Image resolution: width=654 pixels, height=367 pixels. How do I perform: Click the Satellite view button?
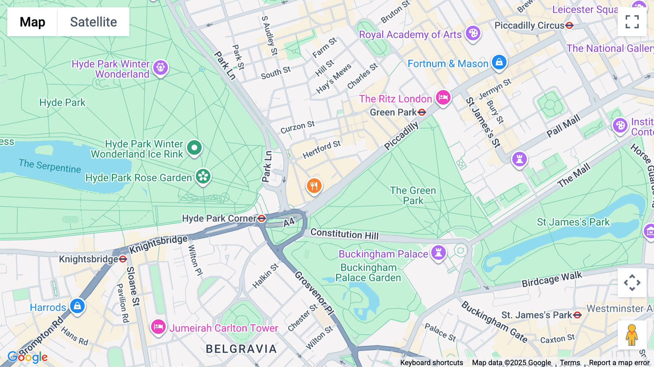point(93,22)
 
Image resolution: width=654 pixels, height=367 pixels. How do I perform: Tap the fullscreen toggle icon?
point(632,22)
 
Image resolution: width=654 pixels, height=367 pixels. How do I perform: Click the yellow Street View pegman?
point(632,335)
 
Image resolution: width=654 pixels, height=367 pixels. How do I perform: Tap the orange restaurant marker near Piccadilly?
point(314,186)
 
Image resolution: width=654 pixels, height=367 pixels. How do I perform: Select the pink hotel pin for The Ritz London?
point(443,97)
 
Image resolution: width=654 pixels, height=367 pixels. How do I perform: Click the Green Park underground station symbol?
point(421,112)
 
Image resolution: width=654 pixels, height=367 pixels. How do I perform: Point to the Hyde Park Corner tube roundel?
point(262,218)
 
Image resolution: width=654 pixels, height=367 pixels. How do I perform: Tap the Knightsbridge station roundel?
point(123,259)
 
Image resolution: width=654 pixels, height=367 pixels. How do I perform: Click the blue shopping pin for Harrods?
point(77,306)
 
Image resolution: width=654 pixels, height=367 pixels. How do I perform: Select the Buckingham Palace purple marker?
point(438,252)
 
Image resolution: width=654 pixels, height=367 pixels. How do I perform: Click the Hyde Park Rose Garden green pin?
point(203,177)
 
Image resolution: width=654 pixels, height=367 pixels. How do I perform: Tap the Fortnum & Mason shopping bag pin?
point(499,62)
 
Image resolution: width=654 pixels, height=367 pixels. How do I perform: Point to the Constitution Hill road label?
point(344,234)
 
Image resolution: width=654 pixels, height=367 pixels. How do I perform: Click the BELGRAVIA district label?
point(241,349)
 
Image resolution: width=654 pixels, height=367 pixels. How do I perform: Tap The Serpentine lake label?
point(50,166)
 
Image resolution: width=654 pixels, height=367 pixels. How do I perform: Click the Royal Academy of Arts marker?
point(473,34)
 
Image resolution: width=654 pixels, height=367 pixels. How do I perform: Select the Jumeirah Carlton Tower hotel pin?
point(158,327)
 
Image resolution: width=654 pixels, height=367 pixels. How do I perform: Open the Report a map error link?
point(619,363)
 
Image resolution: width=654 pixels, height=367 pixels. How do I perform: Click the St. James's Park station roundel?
point(577,315)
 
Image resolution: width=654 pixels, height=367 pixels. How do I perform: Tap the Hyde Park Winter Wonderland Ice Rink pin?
point(194,148)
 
